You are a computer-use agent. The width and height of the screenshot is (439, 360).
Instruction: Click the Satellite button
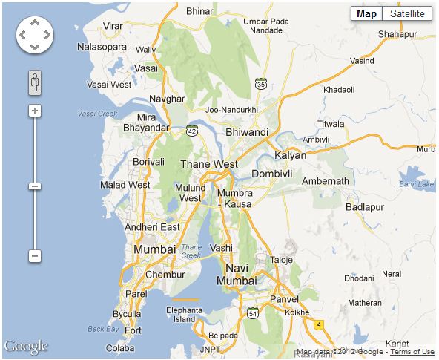point(407,13)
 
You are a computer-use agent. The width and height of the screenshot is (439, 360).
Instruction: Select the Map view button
point(366,13)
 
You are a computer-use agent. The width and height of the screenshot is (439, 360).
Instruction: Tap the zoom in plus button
point(34,111)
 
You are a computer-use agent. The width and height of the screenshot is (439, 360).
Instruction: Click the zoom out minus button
point(34,255)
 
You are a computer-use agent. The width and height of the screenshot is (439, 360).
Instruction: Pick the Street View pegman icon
point(34,82)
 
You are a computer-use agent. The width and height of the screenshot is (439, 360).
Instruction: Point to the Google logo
point(26,347)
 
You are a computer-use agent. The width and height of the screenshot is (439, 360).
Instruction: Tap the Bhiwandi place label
point(246,131)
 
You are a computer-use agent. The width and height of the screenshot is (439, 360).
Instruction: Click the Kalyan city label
point(290,155)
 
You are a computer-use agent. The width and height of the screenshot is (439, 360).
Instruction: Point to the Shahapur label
point(398,34)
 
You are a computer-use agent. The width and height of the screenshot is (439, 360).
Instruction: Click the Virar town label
point(113,26)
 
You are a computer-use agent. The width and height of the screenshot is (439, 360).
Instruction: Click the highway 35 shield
point(261,85)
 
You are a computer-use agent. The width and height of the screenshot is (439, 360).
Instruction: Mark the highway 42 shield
point(192,130)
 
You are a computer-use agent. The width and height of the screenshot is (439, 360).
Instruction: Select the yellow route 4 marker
point(320,324)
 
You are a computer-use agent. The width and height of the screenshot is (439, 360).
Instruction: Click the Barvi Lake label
point(415,183)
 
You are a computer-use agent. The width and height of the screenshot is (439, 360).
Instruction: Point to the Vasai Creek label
point(98,114)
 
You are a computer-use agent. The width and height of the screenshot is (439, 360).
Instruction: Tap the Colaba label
point(120,347)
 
